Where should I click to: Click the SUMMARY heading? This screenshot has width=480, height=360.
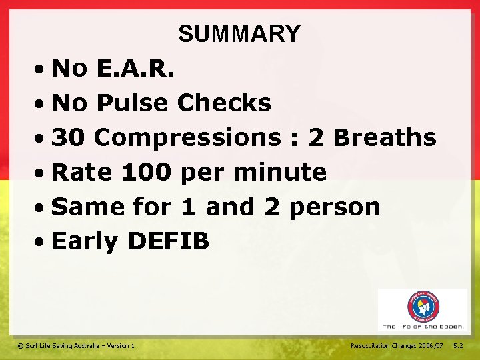tap(239, 33)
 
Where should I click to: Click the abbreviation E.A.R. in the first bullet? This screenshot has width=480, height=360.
tap(135, 68)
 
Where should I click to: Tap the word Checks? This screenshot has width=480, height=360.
tap(224, 103)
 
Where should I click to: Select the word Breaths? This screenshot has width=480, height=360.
tap(385, 137)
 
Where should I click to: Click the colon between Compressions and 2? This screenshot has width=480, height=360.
tap(293, 139)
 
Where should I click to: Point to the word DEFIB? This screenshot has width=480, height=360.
tap(168, 241)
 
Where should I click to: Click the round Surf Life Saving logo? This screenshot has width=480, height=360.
tap(423, 307)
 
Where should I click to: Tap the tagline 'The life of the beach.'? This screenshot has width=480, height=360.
tap(423, 327)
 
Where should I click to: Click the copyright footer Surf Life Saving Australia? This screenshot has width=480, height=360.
tap(76, 345)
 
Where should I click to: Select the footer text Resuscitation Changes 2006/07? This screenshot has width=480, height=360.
tap(397, 345)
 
